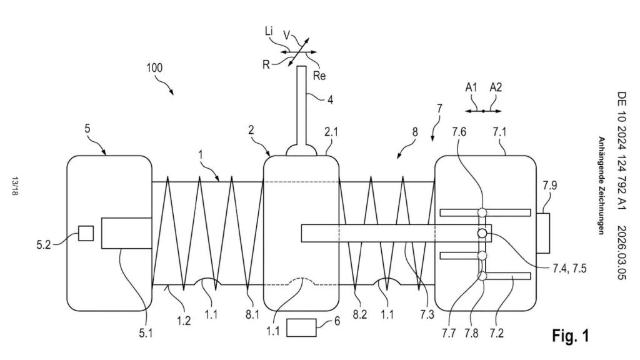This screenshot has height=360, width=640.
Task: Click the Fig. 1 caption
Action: pos(571,336)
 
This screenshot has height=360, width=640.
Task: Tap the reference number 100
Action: pos(154,67)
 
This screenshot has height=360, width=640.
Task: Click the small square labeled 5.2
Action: pos(86,233)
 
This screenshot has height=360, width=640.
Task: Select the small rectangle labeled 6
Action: pos(301,327)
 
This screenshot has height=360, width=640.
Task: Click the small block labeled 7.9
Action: pos(542,233)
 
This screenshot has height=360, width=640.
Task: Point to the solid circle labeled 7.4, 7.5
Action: pos(482,233)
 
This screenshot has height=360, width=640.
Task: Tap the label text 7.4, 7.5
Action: pos(569,268)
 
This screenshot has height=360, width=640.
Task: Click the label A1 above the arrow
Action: pos(471,87)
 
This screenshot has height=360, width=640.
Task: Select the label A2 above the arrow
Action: pos(496,87)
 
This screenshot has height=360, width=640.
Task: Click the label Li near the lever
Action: pos(269,31)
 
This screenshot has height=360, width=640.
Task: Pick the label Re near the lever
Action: pos(319,76)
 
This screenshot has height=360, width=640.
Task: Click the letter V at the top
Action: pos(287,35)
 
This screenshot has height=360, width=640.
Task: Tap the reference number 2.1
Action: pos(331,132)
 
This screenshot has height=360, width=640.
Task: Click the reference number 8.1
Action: pos(252,315)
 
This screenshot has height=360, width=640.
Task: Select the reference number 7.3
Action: pos(427,315)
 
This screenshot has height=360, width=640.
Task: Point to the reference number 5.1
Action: pos(146,334)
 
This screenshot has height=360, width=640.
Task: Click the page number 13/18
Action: pos(15,186)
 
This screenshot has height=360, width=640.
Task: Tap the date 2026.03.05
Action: pos(621,253)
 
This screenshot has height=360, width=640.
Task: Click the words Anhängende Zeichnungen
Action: pos(601,186)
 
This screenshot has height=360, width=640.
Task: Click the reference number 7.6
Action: pos(459,132)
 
